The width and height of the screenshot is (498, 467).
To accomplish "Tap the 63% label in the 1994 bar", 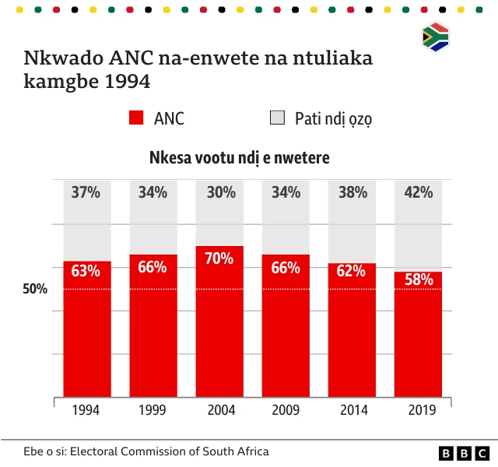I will (86, 271).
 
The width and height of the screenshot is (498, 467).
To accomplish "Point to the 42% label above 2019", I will (418, 192).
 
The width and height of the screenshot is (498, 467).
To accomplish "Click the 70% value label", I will (219, 258).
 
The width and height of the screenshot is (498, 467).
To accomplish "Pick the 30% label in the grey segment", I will (219, 192).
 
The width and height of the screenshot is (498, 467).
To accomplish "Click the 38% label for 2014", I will (352, 192).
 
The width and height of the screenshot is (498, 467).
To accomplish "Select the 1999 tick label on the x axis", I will (153, 410).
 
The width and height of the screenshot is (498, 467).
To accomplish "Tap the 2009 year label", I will (286, 410).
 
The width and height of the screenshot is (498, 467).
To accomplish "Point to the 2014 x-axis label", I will (352, 410).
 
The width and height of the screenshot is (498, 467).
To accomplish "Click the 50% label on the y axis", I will (35, 289).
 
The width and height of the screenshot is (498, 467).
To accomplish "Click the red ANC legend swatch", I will (136, 118).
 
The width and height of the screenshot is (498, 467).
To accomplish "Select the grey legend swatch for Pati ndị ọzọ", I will (277, 118).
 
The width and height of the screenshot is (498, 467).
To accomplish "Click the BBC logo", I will (464, 453).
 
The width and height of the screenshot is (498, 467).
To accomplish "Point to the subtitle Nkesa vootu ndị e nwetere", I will (240, 158).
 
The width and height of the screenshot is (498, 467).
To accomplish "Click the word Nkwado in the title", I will (60, 59).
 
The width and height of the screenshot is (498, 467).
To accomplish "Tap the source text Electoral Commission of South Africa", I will (169, 451).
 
